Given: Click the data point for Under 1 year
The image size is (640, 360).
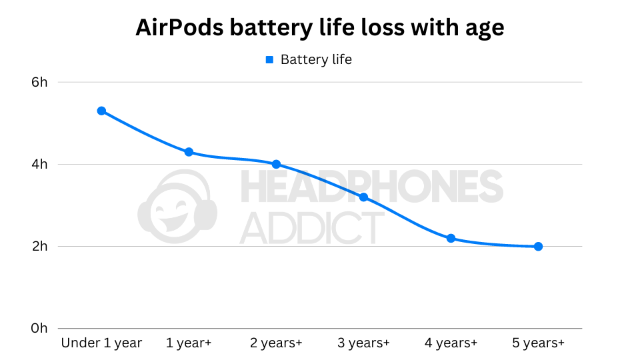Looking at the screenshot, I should [101, 111].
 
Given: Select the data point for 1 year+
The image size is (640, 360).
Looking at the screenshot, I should [189, 152].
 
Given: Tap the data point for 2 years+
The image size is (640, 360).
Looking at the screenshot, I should [276, 164].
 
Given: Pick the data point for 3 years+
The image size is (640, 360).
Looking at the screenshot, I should [363, 197].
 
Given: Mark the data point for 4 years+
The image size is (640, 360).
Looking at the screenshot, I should [451, 238].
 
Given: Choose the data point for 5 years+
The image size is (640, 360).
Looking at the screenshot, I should [538, 246].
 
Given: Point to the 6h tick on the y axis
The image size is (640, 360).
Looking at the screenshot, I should [39, 82].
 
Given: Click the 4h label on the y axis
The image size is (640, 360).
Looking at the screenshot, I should [39, 164].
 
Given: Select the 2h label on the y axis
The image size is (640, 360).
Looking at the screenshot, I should [39, 247].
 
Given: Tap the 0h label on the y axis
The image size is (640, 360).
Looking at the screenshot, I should [39, 329].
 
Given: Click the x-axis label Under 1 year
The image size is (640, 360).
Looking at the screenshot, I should [101, 343].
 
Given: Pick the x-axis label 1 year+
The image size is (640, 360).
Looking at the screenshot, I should [189, 343].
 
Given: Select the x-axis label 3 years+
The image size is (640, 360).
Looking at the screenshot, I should [363, 343].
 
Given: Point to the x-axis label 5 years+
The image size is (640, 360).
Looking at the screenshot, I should [538, 343].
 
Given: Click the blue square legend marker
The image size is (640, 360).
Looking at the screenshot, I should [270, 60].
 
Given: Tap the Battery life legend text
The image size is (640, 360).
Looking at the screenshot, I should [316, 60].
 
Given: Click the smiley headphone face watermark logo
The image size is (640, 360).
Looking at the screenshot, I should [177, 207].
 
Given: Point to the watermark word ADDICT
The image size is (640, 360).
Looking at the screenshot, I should [311, 228].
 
